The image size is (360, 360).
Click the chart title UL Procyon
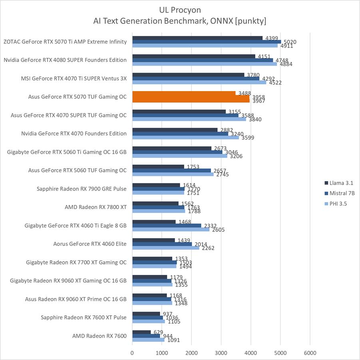point(180,9)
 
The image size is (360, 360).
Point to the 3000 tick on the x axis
point(221,353)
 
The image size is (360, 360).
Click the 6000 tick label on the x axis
point(310,353)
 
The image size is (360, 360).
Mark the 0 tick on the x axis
point(132,353)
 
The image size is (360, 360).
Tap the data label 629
point(158,332)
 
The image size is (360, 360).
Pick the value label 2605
point(219,230)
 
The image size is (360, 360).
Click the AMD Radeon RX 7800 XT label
point(95,207)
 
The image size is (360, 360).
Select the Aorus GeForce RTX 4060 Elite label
point(90,244)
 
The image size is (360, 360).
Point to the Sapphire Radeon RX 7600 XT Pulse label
point(84,317)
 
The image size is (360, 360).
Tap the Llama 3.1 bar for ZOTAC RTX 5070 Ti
point(197,38)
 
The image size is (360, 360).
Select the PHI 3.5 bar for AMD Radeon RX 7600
point(148,340)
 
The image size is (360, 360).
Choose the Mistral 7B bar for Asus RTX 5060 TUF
point(171,171)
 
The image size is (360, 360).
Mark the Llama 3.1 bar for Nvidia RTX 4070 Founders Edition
point(175,130)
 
